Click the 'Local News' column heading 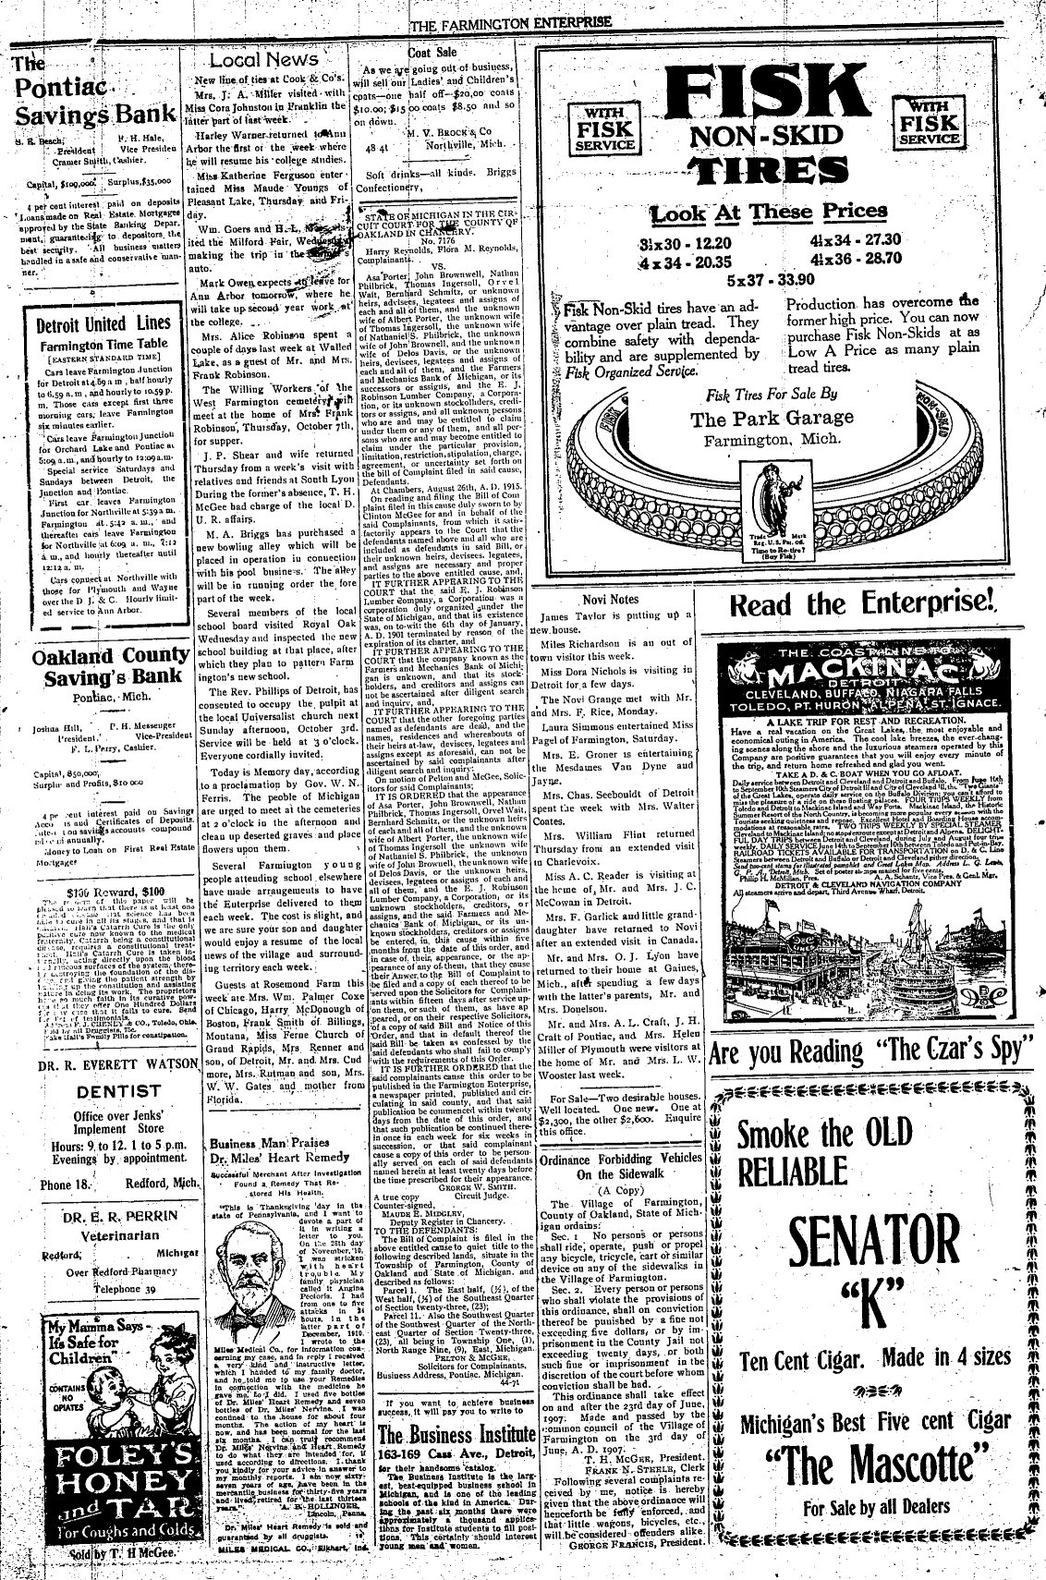tap(264, 61)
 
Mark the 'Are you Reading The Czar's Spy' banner tap(870, 1052)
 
